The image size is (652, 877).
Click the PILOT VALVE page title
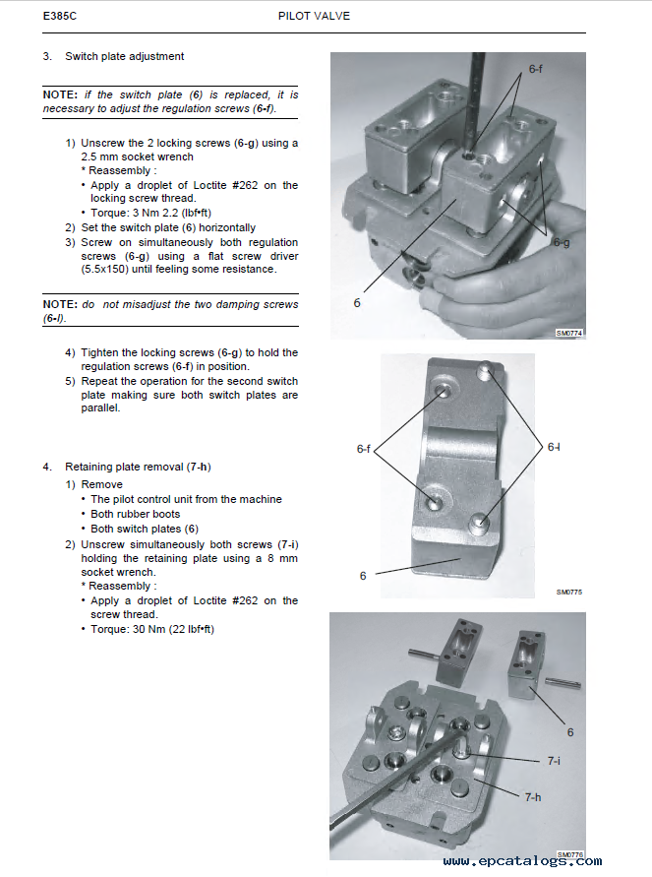pyautogui.click(x=314, y=17)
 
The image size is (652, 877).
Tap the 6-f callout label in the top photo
pyautogui.click(x=537, y=70)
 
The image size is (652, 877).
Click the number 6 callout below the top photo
pyautogui.click(x=357, y=303)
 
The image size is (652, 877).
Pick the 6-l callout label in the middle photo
pyautogui.click(x=553, y=448)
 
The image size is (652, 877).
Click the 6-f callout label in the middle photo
pyautogui.click(x=364, y=449)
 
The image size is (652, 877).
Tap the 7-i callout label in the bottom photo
pyautogui.click(x=555, y=761)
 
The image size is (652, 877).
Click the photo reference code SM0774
pyautogui.click(x=568, y=334)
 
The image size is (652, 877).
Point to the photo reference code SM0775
pyautogui.click(x=568, y=593)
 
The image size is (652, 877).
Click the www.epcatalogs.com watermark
pyautogui.click(x=521, y=862)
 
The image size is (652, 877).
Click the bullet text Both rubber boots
pyautogui.click(x=136, y=514)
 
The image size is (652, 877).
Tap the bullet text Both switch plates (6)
pyautogui.click(x=145, y=529)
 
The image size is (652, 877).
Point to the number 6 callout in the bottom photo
pyautogui.click(x=569, y=732)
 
